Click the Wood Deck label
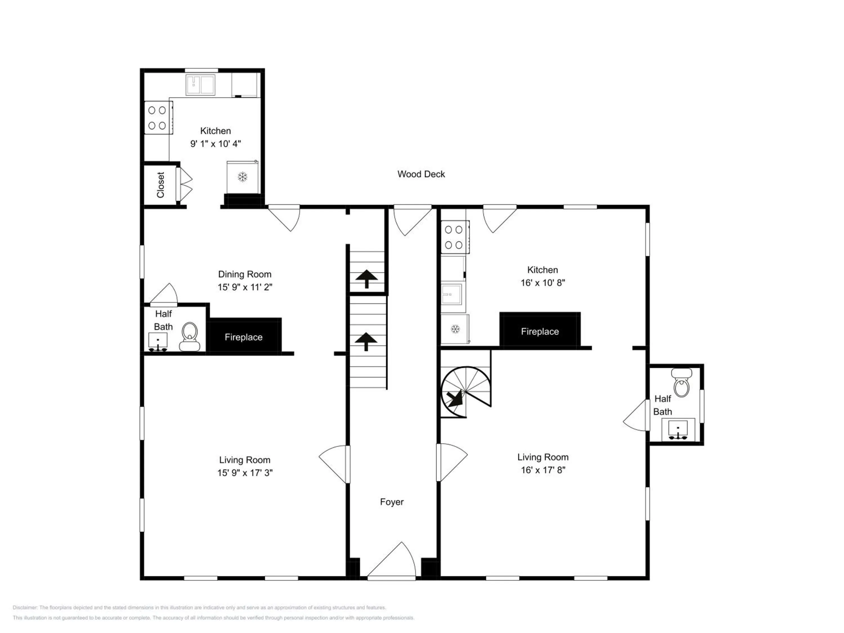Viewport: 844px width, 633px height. tap(421, 174)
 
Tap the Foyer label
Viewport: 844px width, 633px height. tap(392, 502)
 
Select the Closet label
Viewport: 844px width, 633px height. tap(161, 185)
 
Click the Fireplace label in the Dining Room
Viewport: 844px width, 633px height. tap(243, 337)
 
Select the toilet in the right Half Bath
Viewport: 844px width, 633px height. tap(681, 383)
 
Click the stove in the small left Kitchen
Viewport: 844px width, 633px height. tap(157, 118)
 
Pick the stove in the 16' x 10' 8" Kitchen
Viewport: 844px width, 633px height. tap(454, 237)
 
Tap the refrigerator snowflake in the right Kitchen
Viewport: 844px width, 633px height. tap(455, 329)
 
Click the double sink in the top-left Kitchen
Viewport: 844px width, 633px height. tap(200, 85)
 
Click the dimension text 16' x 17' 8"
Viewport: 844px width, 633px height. tap(543, 470)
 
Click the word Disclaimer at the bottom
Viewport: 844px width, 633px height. tap(24, 607)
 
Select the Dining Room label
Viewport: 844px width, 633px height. tap(244, 274)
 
